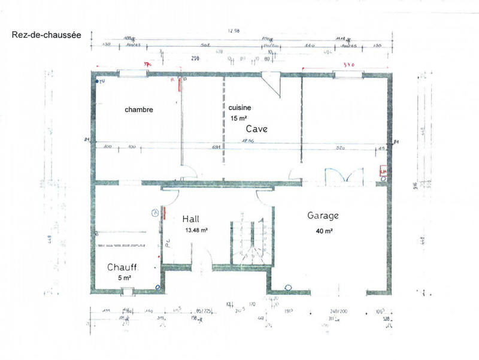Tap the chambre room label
(x=139, y=110)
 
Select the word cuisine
(x=239, y=107)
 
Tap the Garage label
(x=323, y=215)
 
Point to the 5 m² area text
(x=124, y=278)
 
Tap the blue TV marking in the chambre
(x=102, y=81)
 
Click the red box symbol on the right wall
(x=383, y=173)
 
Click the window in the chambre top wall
(x=133, y=74)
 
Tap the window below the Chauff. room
(x=127, y=292)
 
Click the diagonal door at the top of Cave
(x=273, y=84)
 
